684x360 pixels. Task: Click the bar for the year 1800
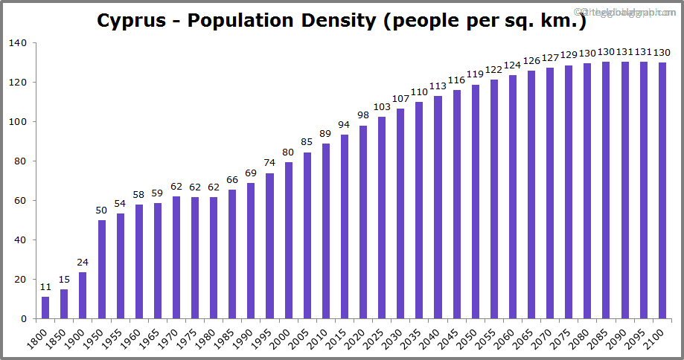[x=45, y=307]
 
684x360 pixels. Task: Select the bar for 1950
[x=101, y=269]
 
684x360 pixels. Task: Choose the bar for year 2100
[x=662, y=190]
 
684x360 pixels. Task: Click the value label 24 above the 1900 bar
[x=83, y=262]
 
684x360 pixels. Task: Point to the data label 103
[x=382, y=107]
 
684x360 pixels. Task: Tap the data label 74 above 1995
[x=269, y=164]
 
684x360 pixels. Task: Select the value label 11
[x=45, y=287]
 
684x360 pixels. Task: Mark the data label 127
[x=549, y=59]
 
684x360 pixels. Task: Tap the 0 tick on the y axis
[x=24, y=319]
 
